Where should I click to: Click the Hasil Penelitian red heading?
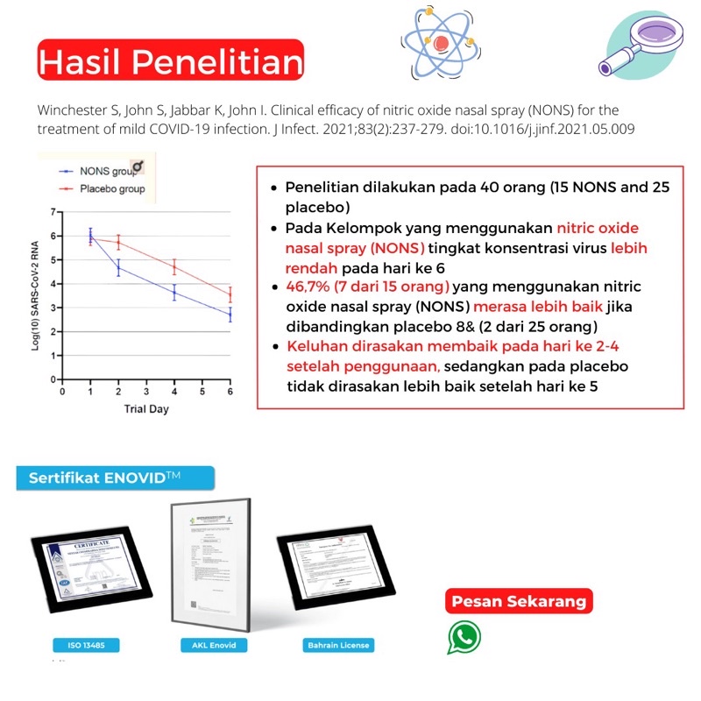pyautogui.click(x=171, y=61)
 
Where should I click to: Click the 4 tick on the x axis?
pyautogui.click(x=174, y=393)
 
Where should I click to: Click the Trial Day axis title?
pyautogui.click(x=145, y=409)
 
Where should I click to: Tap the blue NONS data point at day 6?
pyautogui.click(x=230, y=314)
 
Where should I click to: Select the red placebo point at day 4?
pyautogui.click(x=174, y=267)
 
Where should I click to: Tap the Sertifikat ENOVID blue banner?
pyautogui.click(x=114, y=478)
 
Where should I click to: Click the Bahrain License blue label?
pyautogui.click(x=337, y=646)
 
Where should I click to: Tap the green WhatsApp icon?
pyautogui.click(x=464, y=637)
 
